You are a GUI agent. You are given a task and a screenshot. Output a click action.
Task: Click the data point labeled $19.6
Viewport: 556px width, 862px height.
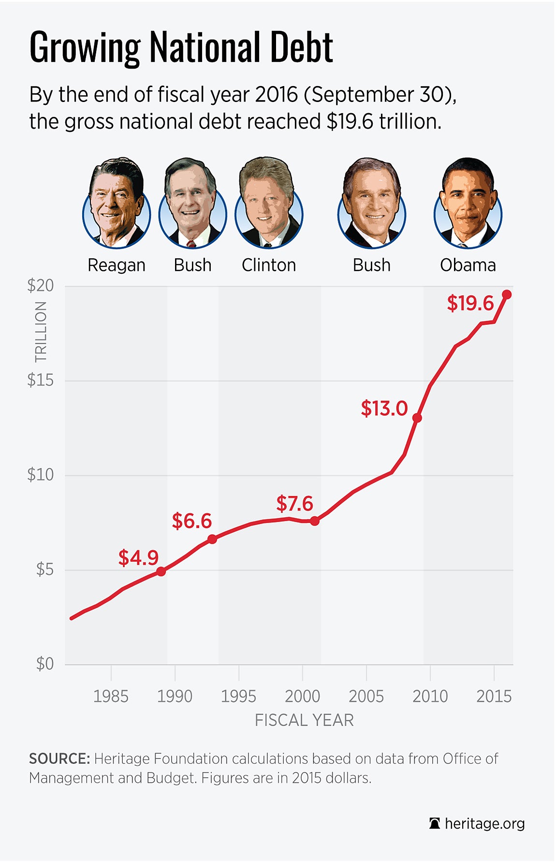[507, 294]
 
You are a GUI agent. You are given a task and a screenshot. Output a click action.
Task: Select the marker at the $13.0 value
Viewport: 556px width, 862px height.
[417, 418]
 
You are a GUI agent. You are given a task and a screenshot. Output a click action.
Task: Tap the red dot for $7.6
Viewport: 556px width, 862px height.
[315, 521]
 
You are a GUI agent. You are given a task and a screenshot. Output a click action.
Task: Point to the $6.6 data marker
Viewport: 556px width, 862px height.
[212, 539]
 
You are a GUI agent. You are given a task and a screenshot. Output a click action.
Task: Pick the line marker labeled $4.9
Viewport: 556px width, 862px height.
[161, 571]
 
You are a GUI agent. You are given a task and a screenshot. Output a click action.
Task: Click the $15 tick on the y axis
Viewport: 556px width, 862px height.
[40, 380]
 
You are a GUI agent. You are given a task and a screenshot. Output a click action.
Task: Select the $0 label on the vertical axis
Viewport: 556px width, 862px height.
[45, 664]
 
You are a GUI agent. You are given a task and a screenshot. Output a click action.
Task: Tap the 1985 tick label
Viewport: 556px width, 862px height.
[111, 696]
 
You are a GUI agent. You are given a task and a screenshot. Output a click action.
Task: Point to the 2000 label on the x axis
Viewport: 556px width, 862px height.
[302, 696]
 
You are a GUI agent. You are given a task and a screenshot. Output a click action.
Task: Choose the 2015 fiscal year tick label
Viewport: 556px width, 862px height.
[494, 696]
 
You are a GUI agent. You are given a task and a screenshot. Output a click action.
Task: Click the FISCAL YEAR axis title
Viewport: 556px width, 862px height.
[304, 720]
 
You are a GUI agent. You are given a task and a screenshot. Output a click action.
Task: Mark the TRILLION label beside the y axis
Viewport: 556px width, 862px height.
[41, 332]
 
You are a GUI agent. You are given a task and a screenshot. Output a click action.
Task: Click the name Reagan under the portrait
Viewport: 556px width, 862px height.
[117, 265]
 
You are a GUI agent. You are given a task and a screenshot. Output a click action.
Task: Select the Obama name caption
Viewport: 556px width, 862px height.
[468, 265]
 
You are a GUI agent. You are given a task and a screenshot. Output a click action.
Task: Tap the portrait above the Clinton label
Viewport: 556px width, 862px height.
[268, 203]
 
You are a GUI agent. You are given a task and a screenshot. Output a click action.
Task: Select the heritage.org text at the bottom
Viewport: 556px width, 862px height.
[484, 824]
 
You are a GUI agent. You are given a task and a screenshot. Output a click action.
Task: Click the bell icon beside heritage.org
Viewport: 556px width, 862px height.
[434, 824]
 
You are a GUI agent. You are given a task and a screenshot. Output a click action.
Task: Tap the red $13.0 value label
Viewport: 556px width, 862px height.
[384, 409]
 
